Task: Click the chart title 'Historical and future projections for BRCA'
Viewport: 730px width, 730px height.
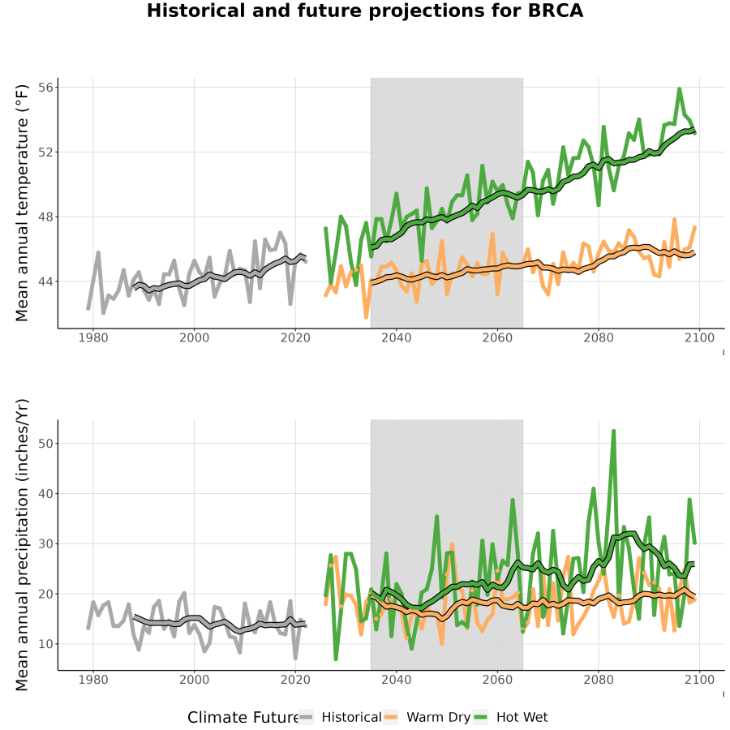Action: (x=364, y=11)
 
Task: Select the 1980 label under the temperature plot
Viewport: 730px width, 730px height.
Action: (x=93, y=337)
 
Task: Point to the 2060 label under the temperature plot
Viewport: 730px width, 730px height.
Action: (x=497, y=337)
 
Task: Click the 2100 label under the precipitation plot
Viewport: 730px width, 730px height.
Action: (x=699, y=680)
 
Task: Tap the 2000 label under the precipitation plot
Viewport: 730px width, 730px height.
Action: (x=194, y=680)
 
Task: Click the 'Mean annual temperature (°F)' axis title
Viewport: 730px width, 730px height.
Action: (x=22, y=203)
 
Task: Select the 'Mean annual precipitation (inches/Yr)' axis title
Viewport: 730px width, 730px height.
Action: (x=22, y=545)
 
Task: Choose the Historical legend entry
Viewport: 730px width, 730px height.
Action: (x=340, y=717)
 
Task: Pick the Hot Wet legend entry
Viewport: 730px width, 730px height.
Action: (x=511, y=717)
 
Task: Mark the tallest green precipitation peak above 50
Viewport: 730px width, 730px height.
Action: (x=614, y=432)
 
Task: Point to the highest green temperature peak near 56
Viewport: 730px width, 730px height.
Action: (x=679, y=89)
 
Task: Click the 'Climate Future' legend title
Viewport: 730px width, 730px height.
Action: (x=243, y=717)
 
